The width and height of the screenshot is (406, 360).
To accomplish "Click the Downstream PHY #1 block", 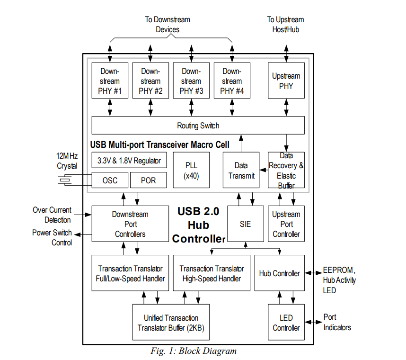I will click(x=110, y=81).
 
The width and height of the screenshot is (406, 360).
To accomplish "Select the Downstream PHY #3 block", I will click(x=191, y=81).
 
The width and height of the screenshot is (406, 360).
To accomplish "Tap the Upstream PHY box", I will click(x=286, y=81).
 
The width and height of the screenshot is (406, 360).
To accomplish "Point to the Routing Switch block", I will click(x=198, y=126).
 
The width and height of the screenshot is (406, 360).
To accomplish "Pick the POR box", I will click(x=148, y=180).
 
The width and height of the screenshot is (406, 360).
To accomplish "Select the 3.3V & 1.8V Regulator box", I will click(x=129, y=160).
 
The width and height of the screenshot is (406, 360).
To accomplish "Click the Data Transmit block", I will click(x=241, y=171).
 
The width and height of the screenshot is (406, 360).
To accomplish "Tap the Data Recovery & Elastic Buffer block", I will click(x=286, y=171).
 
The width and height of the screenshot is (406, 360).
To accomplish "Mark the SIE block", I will click(x=245, y=224).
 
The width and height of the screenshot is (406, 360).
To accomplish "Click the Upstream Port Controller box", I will click(x=286, y=224).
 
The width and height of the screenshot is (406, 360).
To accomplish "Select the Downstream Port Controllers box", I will click(x=130, y=224).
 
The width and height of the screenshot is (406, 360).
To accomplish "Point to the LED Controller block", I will click(x=286, y=323).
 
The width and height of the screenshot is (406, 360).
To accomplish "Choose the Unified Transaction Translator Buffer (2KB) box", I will click(x=171, y=323).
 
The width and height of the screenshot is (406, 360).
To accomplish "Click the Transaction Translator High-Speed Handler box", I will click(x=212, y=273).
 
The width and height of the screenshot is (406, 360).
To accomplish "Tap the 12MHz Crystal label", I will click(x=67, y=162).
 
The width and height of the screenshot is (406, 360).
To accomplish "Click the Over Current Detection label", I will click(x=52, y=215).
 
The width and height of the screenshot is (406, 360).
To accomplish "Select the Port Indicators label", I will click(x=337, y=322).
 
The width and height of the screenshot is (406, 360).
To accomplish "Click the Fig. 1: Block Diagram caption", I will click(x=194, y=351).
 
